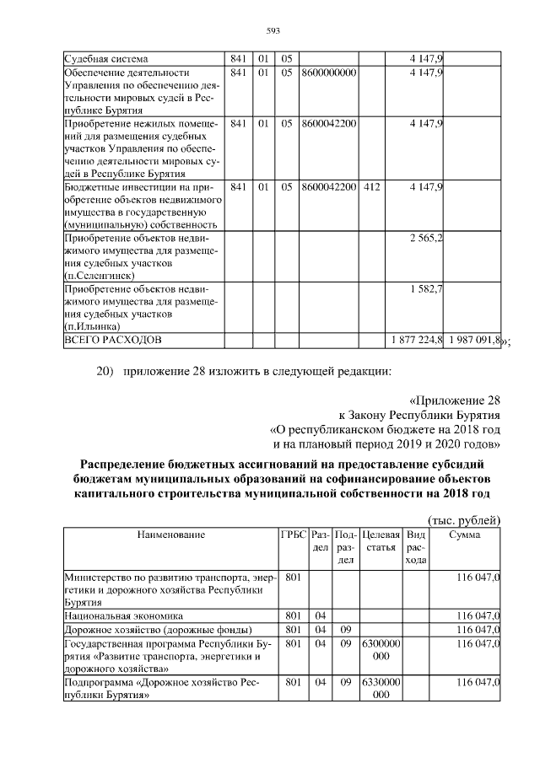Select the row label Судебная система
click(106, 58)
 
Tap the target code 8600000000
click(328, 73)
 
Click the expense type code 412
click(371, 185)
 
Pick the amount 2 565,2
click(427, 239)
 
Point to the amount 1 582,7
click(427, 288)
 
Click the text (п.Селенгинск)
click(100, 276)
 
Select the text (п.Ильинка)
click(92, 325)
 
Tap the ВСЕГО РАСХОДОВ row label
click(112, 339)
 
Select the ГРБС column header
click(294, 535)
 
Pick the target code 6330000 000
click(379, 689)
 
